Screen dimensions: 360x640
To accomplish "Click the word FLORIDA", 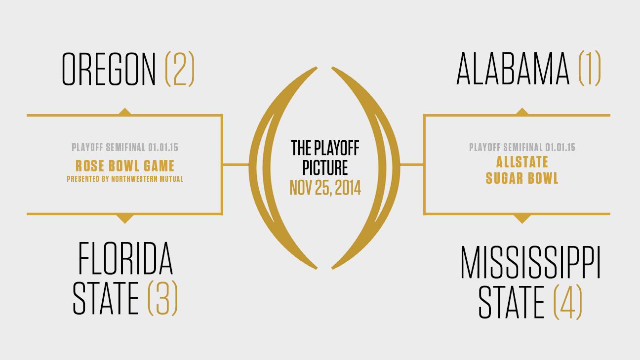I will point(125,259).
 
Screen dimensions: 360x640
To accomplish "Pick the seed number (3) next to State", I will point(162,298).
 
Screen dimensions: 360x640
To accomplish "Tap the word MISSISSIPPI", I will point(530,263).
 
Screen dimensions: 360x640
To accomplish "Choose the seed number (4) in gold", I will point(567,301).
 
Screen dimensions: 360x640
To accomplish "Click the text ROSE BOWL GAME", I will point(125,165).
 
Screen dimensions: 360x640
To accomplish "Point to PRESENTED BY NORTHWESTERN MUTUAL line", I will point(125,179).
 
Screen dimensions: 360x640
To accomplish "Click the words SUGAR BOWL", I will point(522,178).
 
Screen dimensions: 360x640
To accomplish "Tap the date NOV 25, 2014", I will point(325,187).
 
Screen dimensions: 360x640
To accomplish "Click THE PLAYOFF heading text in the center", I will point(325,148).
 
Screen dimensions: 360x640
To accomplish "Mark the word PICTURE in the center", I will point(325,167).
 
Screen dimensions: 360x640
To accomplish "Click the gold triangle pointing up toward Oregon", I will point(125,112).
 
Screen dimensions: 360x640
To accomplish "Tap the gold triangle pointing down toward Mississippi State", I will point(522,218).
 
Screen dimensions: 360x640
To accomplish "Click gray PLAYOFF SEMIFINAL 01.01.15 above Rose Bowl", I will point(125,148).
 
